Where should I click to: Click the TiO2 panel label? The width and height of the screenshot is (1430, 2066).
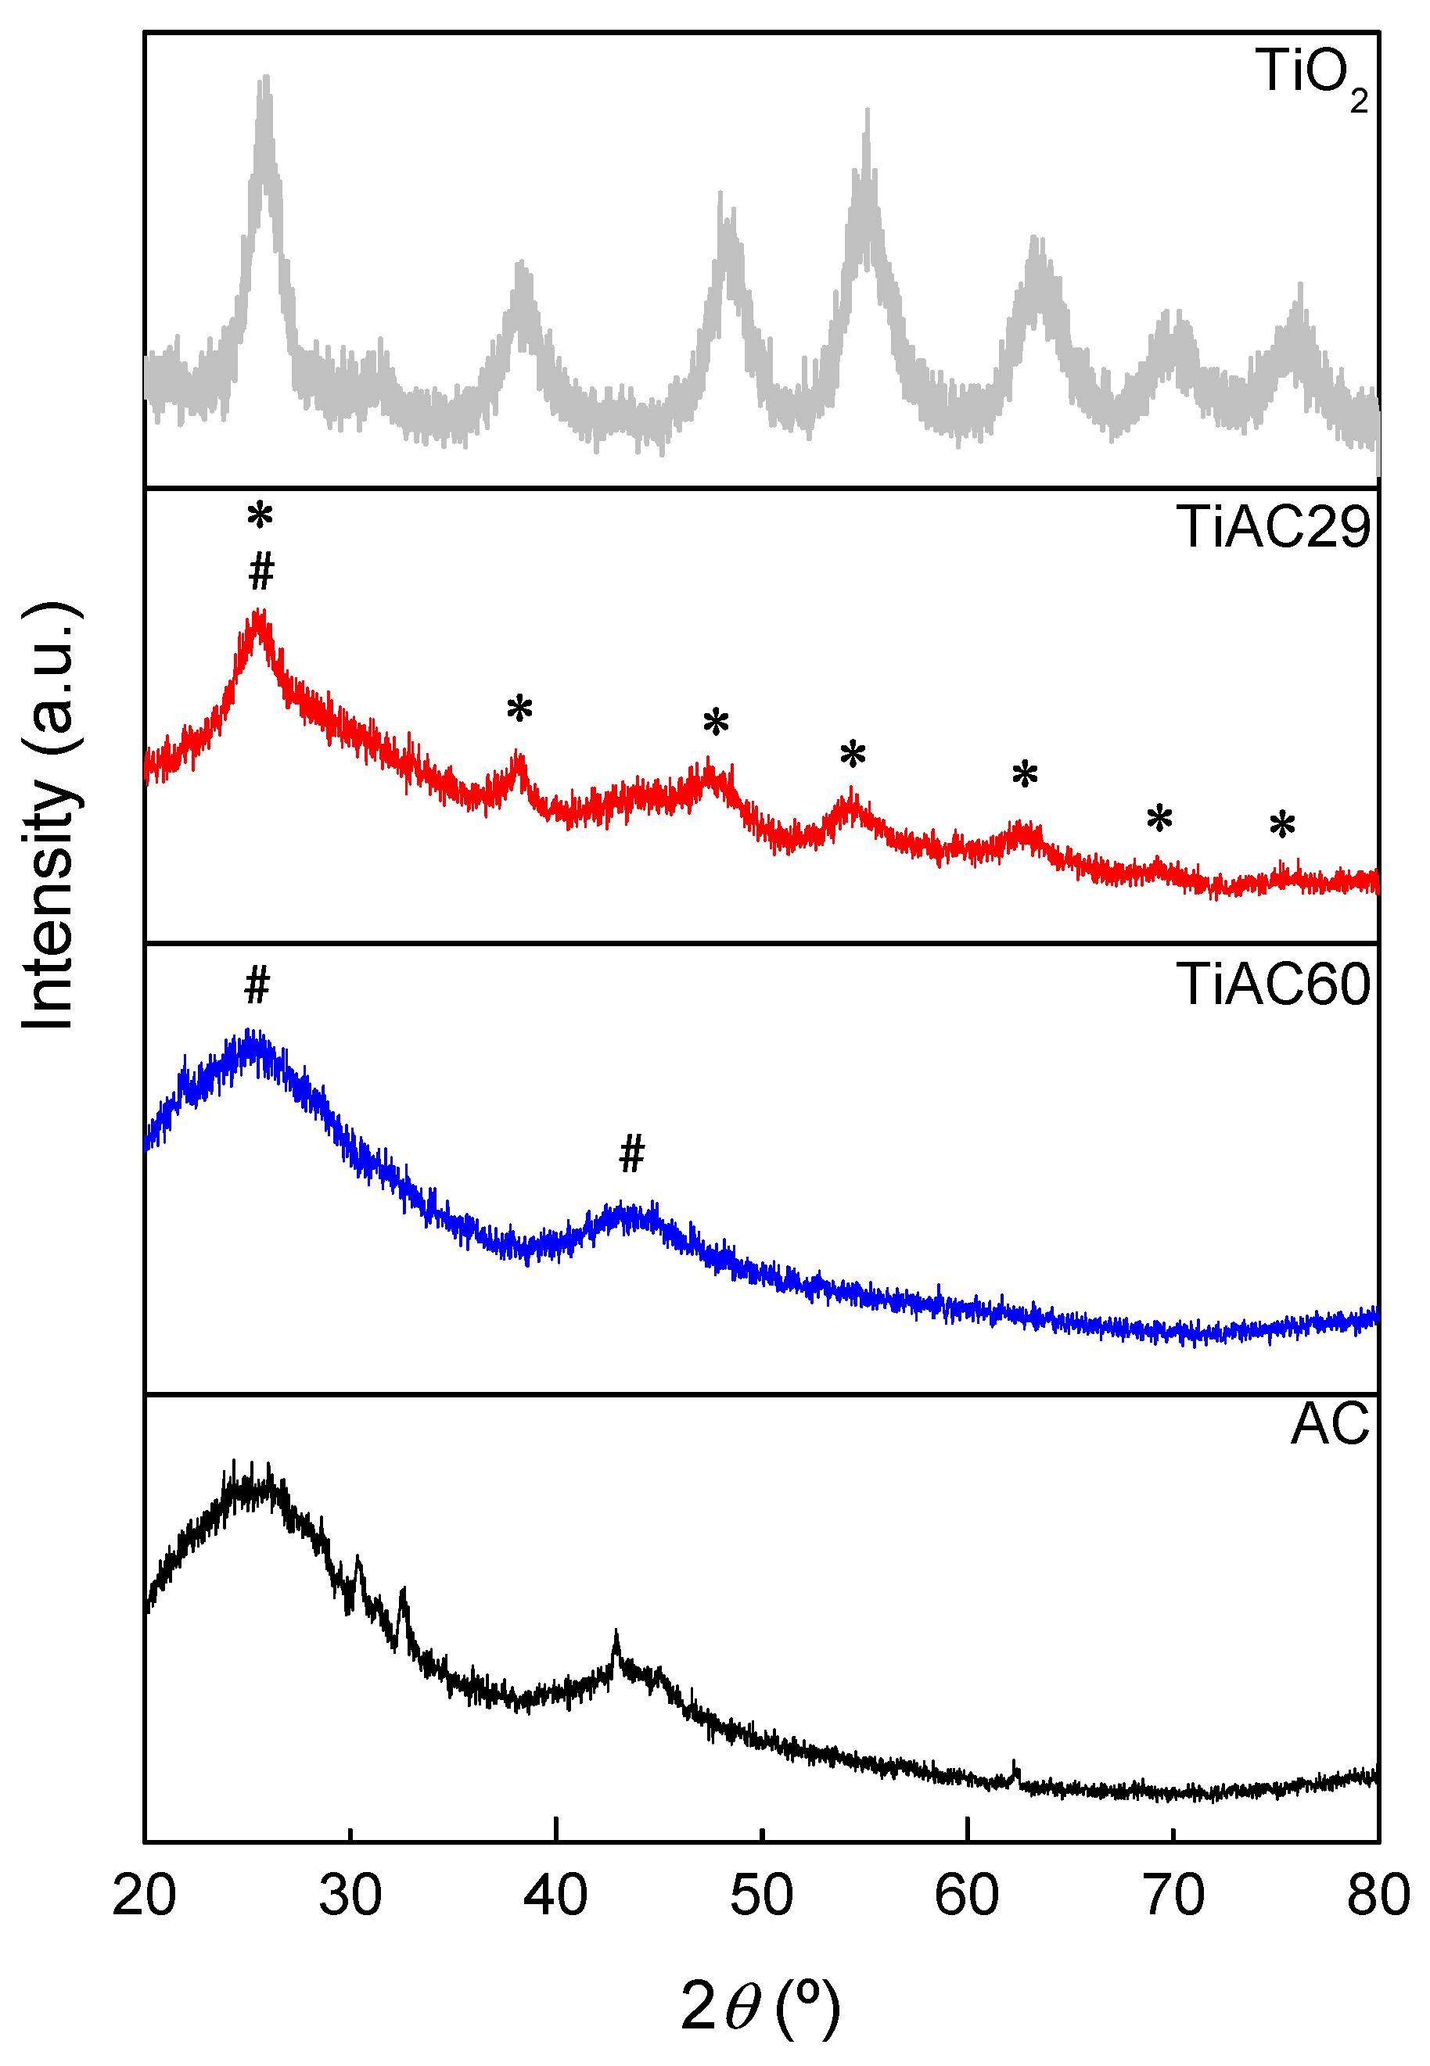pyautogui.click(x=1313, y=76)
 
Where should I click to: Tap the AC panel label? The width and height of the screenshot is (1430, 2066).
pyautogui.click(x=1330, y=1424)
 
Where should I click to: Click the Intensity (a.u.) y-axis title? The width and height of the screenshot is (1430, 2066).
pyautogui.click(x=49, y=816)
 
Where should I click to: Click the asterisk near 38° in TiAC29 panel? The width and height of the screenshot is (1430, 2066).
pyautogui.click(x=519, y=709)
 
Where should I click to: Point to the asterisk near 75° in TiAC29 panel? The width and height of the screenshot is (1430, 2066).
pyautogui.click(x=1282, y=825)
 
